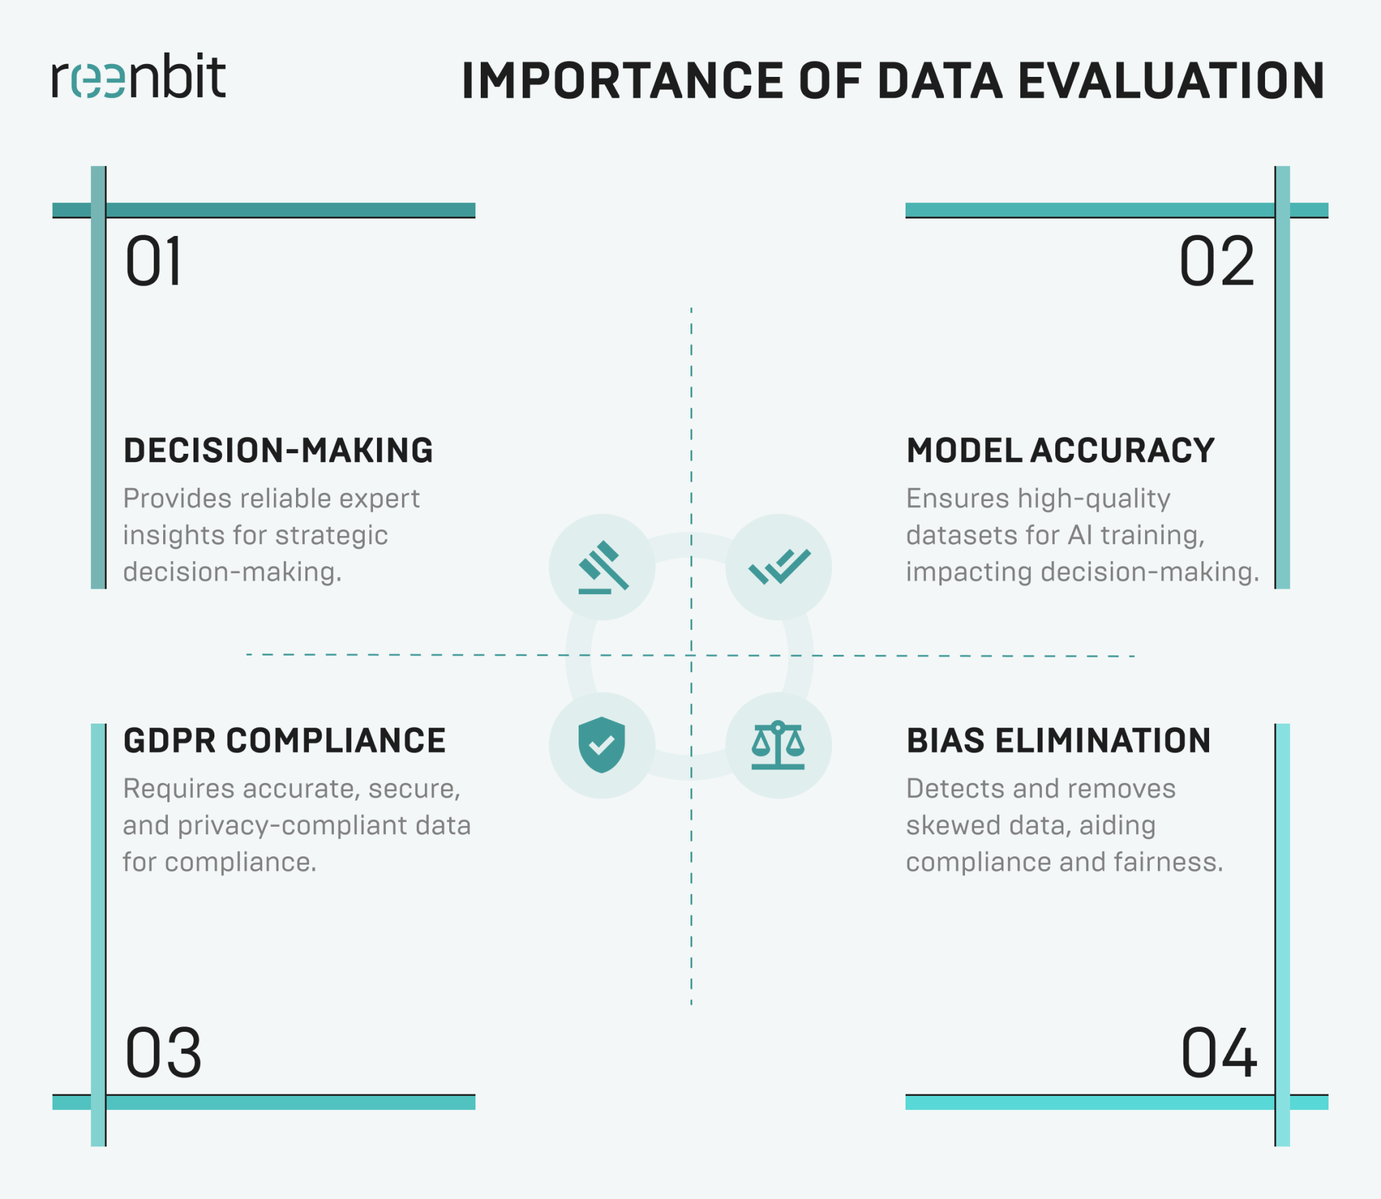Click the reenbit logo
coord(139,77)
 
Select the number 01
coord(154,262)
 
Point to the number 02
coord(1217,262)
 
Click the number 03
coord(163,1053)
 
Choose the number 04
coord(1218,1053)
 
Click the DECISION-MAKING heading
coord(278,450)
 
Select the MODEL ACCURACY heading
coord(1060,450)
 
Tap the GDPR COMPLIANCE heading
coord(284,740)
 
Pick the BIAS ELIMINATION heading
coord(1058,740)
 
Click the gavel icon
coord(603,567)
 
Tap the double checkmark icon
coord(779,567)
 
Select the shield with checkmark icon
coord(601,744)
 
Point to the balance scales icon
coord(778,745)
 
